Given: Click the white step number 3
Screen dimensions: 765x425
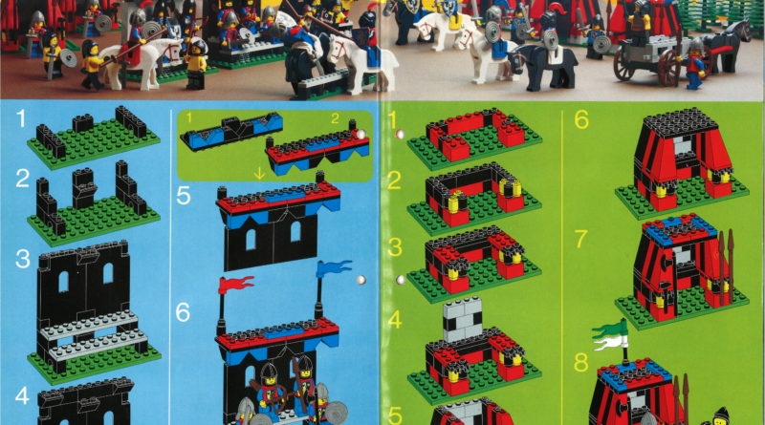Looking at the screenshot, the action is [22, 259].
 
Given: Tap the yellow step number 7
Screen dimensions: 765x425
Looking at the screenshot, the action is [581, 239].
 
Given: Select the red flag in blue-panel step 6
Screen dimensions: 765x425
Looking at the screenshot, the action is [236, 285].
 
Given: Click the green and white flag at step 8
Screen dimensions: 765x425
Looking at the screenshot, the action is [609, 335].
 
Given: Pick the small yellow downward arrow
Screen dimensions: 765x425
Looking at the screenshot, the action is [260, 173].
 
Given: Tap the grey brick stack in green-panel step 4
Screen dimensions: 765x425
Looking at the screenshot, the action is [462, 319].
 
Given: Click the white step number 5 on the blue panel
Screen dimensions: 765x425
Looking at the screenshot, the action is [183, 196].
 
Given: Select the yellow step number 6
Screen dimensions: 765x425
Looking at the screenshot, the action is [581, 119].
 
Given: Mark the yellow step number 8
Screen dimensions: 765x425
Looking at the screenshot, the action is [581, 363].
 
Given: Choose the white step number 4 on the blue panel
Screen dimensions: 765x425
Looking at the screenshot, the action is [22, 396].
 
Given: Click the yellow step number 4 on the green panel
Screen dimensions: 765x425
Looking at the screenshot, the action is [395, 320].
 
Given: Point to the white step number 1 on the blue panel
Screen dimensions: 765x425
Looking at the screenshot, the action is [20, 118].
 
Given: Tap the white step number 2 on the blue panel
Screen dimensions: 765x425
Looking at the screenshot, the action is [22, 179].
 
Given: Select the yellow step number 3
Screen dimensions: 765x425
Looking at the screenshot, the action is [395, 247].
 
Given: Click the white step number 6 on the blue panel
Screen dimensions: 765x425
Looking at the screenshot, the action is [183, 312].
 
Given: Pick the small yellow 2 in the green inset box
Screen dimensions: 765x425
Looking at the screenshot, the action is [335, 118].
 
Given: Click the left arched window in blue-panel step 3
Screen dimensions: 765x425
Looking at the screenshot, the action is [63, 281].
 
